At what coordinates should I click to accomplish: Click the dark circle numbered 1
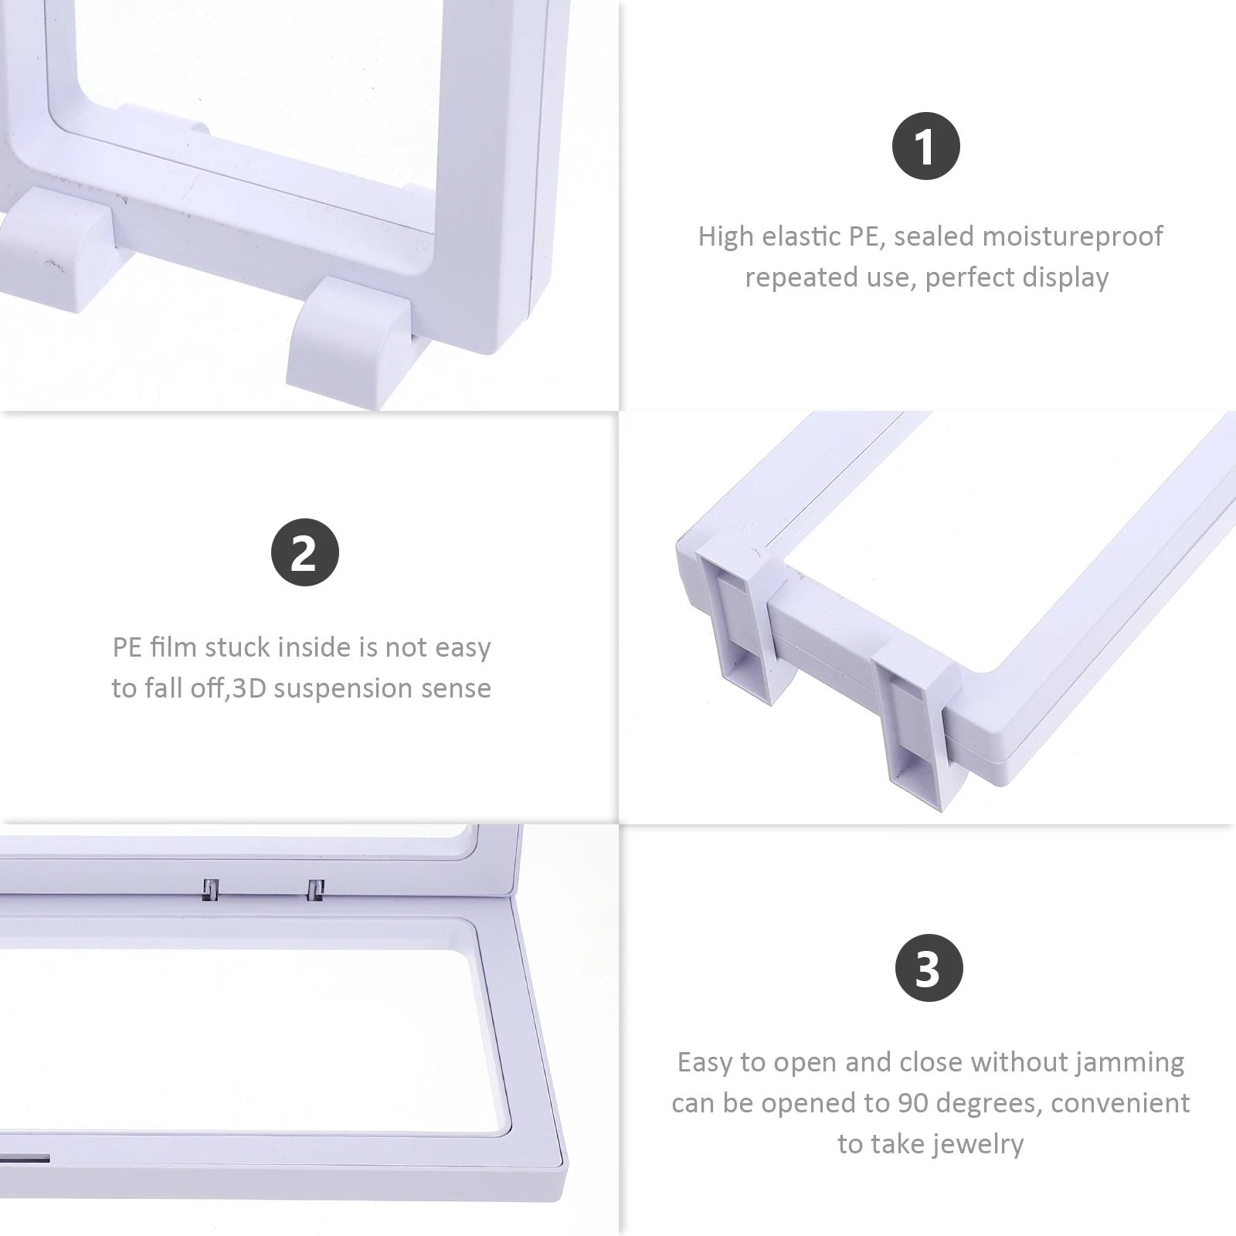[x=925, y=146]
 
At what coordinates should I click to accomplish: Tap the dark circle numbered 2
[x=304, y=552]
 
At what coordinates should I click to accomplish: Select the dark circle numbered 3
[x=929, y=968]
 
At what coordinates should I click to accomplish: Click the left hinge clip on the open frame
[x=210, y=889]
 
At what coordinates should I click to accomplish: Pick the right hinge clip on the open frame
[x=315, y=890]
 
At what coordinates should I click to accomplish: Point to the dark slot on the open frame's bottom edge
[x=25, y=1160]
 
